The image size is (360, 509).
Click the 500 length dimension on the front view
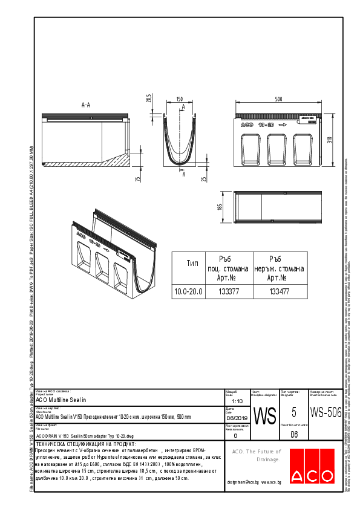(278, 99)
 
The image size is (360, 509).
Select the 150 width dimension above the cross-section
(180, 99)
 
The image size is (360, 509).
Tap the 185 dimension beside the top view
(221, 207)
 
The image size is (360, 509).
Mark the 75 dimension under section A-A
(139, 178)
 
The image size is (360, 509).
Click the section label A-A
(86, 105)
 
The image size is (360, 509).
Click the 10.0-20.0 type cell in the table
(188, 292)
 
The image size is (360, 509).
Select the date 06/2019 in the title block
(237, 417)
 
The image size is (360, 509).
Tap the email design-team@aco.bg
(243, 482)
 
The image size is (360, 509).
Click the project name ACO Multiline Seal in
(61, 400)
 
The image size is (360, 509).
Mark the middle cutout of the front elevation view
(277, 148)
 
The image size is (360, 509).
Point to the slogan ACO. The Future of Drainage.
(257, 455)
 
